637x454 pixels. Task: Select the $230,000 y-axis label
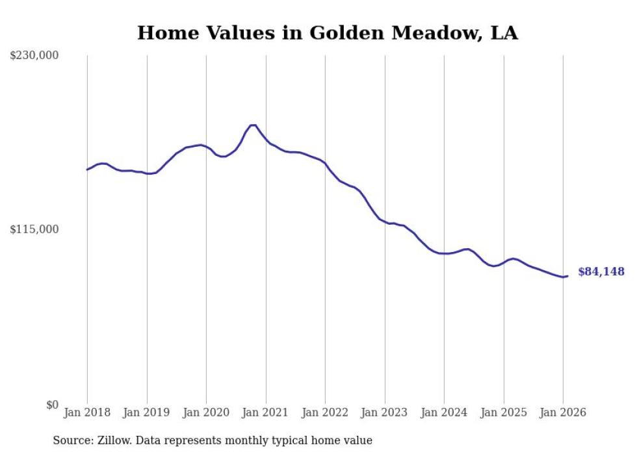tap(34, 56)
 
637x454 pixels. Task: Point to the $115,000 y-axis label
tap(34, 229)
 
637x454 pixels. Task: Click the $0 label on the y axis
tap(52, 405)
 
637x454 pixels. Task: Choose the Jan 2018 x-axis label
tap(87, 412)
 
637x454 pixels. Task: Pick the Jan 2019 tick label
tap(147, 412)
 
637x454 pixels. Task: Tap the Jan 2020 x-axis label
tap(206, 412)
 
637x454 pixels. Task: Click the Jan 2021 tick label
tap(266, 412)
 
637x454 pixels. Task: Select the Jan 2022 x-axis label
tap(325, 412)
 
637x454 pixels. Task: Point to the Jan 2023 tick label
tap(385, 412)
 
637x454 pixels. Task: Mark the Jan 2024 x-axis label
tap(444, 412)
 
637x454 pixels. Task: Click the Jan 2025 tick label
tap(504, 412)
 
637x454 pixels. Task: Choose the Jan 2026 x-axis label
tap(563, 412)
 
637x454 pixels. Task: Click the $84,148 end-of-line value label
tap(601, 272)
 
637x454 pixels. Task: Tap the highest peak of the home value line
tap(253, 125)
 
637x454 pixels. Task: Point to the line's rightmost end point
tap(567, 276)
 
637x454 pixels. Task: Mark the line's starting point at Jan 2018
tap(87, 170)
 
